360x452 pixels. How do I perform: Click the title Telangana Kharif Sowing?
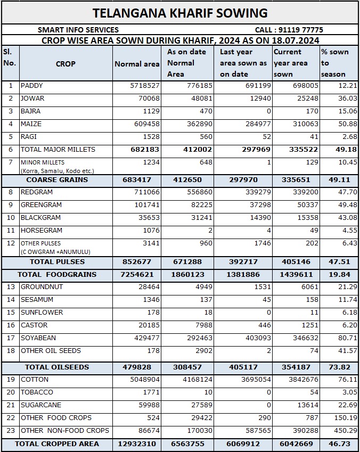180,13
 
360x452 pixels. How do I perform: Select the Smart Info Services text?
78,30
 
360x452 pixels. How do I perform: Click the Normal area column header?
137,64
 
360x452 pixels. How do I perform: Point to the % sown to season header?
334,63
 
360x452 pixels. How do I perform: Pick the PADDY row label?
32,86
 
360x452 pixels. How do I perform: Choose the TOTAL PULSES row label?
57,262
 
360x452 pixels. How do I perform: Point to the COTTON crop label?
35,380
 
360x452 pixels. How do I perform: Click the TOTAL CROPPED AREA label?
57,443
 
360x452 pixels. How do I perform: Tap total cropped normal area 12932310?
137,443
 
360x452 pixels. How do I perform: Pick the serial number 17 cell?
10,338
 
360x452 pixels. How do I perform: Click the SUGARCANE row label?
40,405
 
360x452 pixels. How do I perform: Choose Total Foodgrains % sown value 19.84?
339,275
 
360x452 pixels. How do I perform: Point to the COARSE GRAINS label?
57,180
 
